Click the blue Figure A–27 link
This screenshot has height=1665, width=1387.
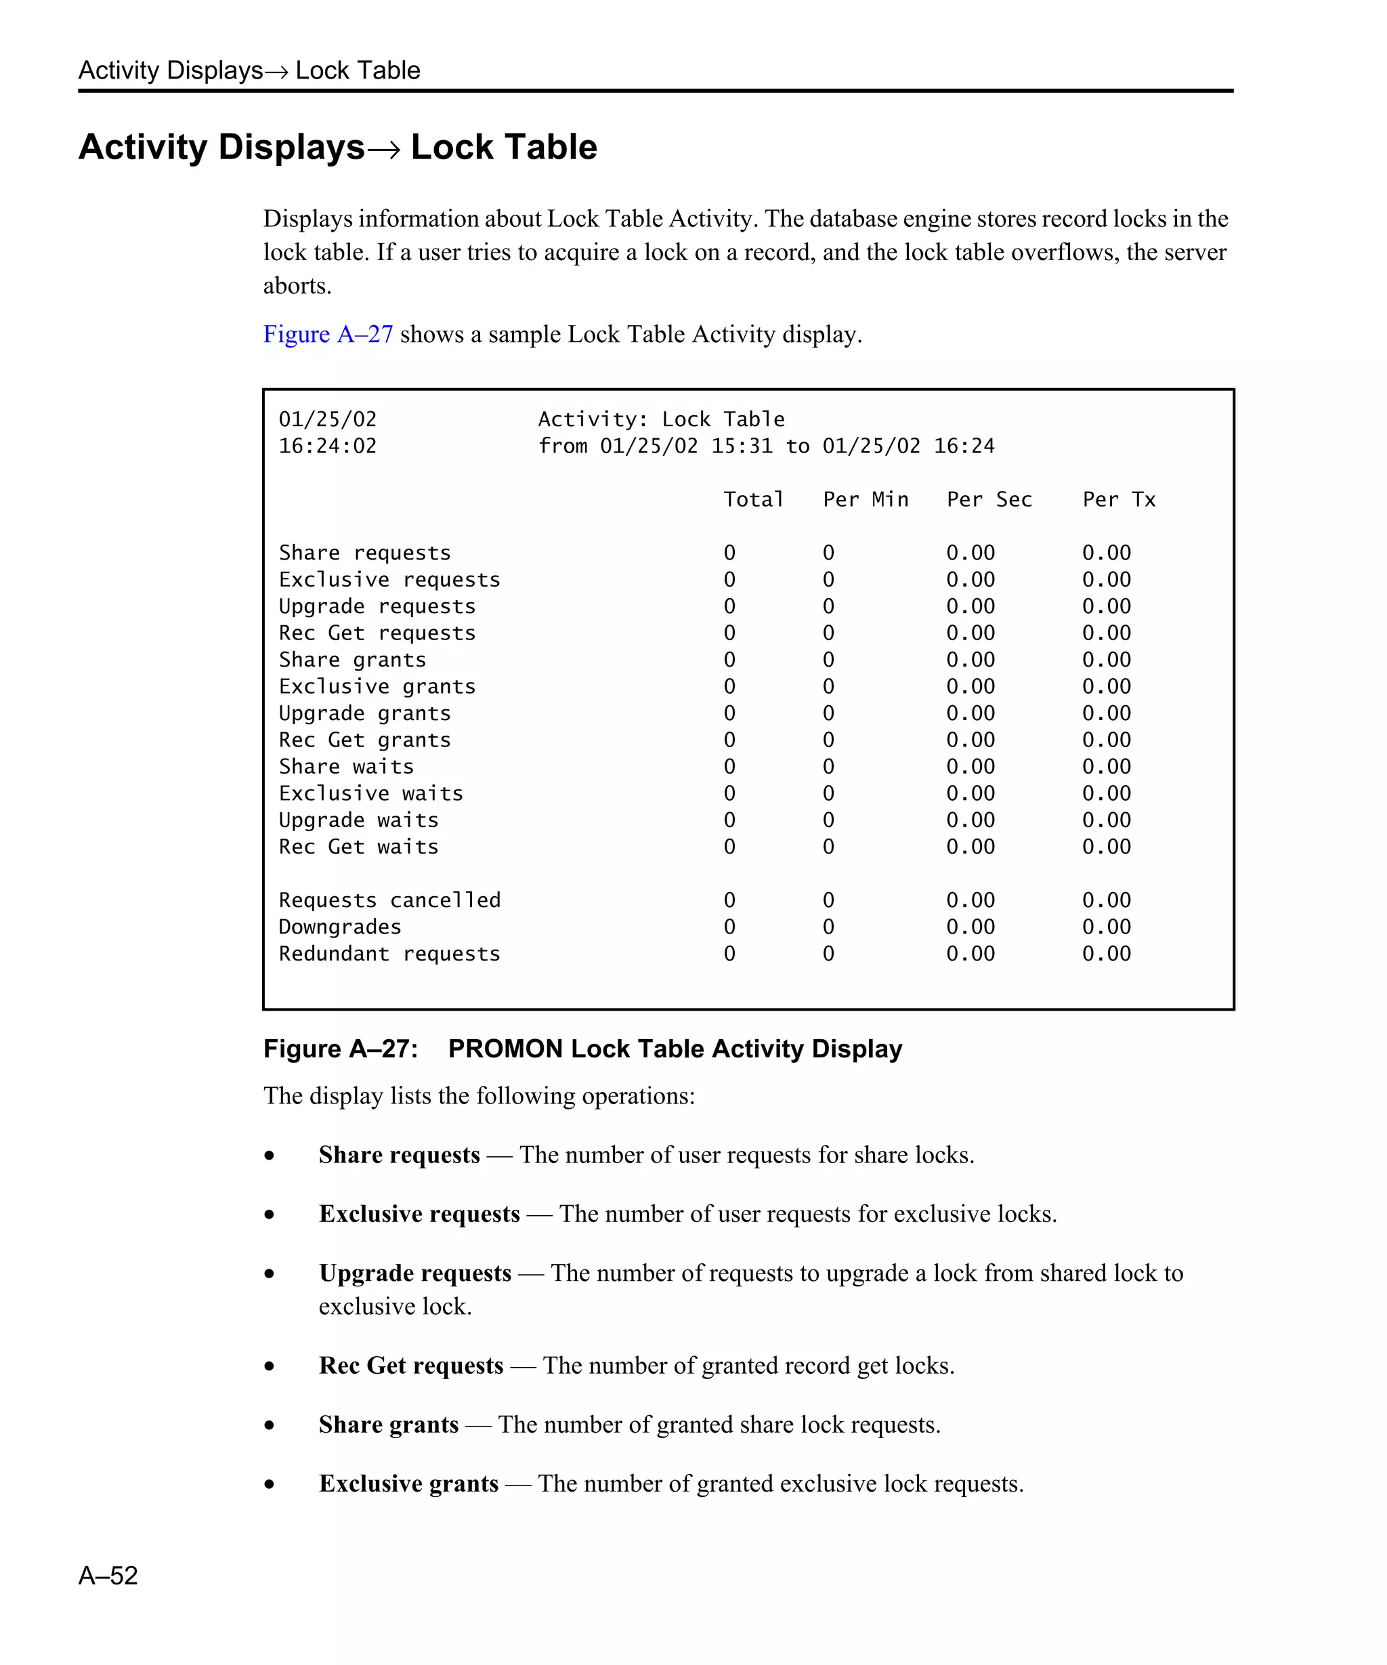pos(327,334)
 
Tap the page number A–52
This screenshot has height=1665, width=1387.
pos(108,1575)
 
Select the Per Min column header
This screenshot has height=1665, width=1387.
pos(866,499)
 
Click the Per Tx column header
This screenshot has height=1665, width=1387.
pos(1118,499)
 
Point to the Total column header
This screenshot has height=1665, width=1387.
pos(753,499)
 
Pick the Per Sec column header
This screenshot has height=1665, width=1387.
pos(989,499)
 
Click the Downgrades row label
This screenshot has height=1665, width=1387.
pos(340,927)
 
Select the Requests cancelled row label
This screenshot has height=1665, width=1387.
pos(389,900)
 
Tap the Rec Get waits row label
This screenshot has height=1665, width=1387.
pos(358,847)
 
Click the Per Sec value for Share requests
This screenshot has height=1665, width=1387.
pos(970,553)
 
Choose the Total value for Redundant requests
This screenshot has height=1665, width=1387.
pos(729,954)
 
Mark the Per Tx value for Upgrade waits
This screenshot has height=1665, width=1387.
pos(1107,820)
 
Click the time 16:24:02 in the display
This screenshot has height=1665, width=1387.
pos(327,446)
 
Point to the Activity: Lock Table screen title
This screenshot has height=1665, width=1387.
pos(661,419)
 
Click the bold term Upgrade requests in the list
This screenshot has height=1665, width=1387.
pos(414,1273)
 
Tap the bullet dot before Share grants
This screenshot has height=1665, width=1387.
pos(270,1425)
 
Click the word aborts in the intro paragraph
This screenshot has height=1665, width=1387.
pos(297,285)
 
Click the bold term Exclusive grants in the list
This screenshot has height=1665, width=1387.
pos(408,1483)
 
